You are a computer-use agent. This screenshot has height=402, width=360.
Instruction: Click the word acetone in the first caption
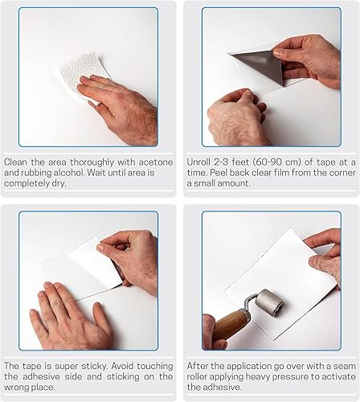point(156,162)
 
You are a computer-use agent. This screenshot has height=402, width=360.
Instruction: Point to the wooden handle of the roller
point(231,324)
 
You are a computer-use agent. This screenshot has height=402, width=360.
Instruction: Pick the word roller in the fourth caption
point(197,377)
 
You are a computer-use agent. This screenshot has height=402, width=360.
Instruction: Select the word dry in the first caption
point(59,183)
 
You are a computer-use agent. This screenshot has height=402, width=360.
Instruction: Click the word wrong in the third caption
point(16,388)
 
